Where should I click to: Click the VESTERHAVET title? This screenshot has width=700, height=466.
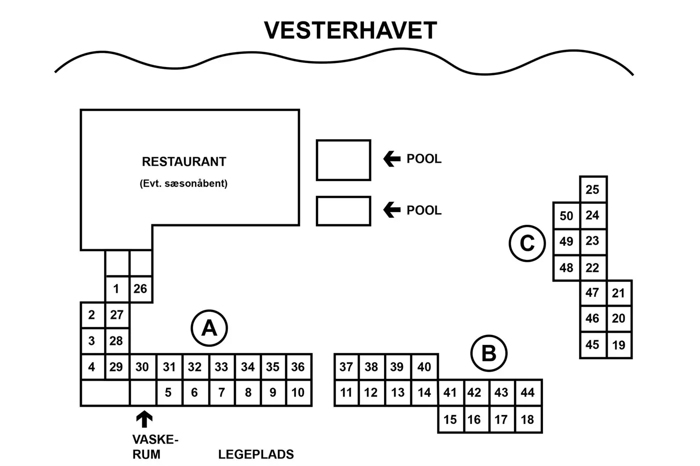pyautogui.click(x=350, y=31)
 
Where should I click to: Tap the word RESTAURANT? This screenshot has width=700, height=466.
pyautogui.click(x=184, y=162)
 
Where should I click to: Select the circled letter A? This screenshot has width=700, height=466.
pyautogui.click(x=209, y=329)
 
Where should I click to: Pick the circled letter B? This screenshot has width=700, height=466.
pyautogui.click(x=488, y=353)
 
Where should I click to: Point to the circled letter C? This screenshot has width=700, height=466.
pyautogui.click(x=527, y=244)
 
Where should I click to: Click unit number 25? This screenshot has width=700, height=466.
pyautogui.click(x=592, y=190)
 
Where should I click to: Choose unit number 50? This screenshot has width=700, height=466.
pyautogui.click(x=566, y=216)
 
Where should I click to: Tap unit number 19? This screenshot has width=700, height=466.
pyautogui.click(x=619, y=345)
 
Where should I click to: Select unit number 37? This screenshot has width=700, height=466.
pyautogui.click(x=346, y=367)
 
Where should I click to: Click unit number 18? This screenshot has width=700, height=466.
pyautogui.click(x=527, y=419)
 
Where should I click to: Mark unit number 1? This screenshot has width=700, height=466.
pyautogui.click(x=116, y=289)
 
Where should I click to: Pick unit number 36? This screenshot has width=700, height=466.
pyautogui.click(x=298, y=367)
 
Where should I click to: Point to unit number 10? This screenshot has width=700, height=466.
pyautogui.click(x=298, y=392)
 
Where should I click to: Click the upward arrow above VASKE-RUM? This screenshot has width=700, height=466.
pyautogui.click(x=144, y=419)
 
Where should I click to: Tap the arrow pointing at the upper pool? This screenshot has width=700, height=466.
pyautogui.click(x=392, y=159)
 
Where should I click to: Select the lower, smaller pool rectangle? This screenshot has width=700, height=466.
pyautogui.click(x=343, y=211)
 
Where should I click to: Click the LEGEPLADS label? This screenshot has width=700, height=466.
pyautogui.click(x=256, y=454)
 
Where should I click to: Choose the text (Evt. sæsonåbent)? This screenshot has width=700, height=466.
pyautogui.click(x=183, y=183)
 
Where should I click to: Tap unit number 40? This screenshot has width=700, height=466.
pyautogui.click(x=424, y=367)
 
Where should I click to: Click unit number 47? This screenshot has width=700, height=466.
pyautogui.click(x=592, y=292)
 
